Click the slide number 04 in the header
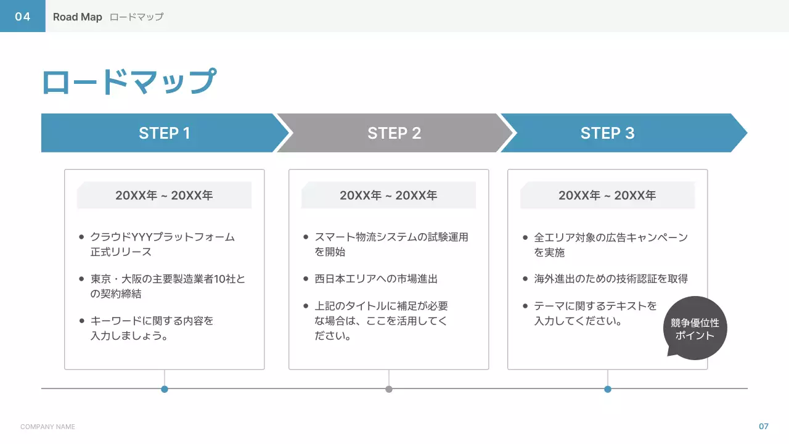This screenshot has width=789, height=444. tap(23, 17)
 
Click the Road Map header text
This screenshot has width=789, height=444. tap(77, 17)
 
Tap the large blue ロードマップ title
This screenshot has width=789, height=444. tap(129, 82)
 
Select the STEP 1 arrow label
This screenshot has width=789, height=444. tap(165, 133)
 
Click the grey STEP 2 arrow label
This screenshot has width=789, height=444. tap(394, 133)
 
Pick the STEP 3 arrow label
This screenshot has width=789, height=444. tap(607, 133)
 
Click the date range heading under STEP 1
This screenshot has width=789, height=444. tap(164, 195)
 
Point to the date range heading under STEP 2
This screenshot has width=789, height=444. tap(388, 195)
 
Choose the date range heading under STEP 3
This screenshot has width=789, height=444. tap(607, 195)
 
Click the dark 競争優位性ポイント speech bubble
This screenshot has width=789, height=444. tap(695, 329)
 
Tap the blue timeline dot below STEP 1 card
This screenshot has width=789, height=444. tap(165, 389)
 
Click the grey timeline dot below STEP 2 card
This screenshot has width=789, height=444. tap(389, 389)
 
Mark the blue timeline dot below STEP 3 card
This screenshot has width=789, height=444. tap(608, 389)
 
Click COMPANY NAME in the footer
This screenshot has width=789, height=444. tap(47, 427)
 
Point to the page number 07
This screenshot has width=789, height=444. tap(764, 426)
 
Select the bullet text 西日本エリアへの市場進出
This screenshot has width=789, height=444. tap(376, 279)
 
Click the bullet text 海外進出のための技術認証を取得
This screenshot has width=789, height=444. tap(611, 279)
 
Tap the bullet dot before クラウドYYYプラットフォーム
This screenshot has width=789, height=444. tap(82, 237)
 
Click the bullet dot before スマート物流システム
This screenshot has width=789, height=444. tap(306, 237)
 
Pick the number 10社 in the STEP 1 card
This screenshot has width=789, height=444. tap(224, 279)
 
